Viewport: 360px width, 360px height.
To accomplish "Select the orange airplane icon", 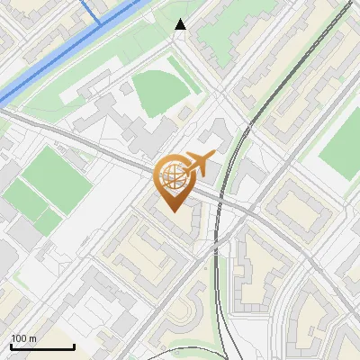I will tap(200, 163).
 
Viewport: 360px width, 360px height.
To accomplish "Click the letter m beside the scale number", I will tap(34, 338).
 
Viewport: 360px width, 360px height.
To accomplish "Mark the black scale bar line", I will tap(42, 346).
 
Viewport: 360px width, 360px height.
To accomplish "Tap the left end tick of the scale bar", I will tap(11, 346).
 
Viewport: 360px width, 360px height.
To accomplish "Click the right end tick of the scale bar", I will tap(74, 346).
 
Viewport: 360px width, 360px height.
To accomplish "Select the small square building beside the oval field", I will tap(185, 114).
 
